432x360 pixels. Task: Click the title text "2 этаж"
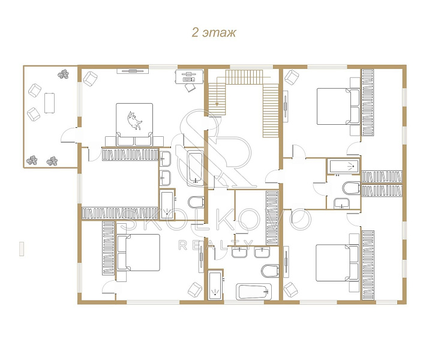pyautogui.click(x=214, y=32)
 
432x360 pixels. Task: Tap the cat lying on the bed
pyautogui.click(x=134, y=121)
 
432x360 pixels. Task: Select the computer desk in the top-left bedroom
pyautogui.click(x=189, y=77)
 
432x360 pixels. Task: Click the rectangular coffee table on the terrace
pyautogui.click(x=49, y=103)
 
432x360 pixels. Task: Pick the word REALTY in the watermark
pyautogui.click(x=216, y=245)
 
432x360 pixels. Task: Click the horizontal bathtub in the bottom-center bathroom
pyautogui.click(x=254, y=292)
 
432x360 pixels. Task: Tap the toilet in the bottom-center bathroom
pyautogui.click(x=270, y=271)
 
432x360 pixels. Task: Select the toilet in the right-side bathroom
pyautogui.click(x=352, y=188)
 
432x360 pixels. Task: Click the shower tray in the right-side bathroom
pyautogui.click(x=343, y=166)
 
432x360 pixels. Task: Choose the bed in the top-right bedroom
pyautogui.click(x=338, y=106)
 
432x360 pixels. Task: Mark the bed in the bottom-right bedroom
pyautogui.click(x=337, y=263)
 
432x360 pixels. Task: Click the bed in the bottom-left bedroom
pyautogui.click(x=139, y=253)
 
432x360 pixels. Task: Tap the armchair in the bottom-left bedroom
pyautogui.click(x=195, y=290)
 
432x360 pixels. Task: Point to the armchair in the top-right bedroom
pyautogui.click(x=292, y=77)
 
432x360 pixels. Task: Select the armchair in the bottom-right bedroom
pyautogui.click(x=290, y=290)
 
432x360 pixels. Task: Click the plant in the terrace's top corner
pyautogui.click(x=64, y=74)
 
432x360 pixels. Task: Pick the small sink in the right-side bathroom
pyautogui.click(x=341, y=203)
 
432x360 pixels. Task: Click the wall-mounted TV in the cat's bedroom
pyautogui.click(x=131, y=71)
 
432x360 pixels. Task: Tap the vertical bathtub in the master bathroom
pyautogui.click(x=196, y=168)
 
